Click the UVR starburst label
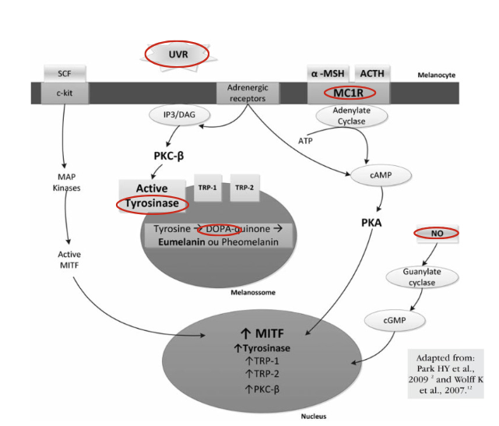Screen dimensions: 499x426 (x=177, y=55)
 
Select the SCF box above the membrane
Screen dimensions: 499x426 (x=65, y=73)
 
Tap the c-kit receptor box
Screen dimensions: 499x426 (x=65, y=93)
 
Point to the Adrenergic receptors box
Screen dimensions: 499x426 (x=248, y=93)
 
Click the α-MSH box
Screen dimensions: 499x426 (x=328, y=73)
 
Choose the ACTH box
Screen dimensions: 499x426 (x=372, y=73)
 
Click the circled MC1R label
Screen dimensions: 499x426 (x=350, y=93)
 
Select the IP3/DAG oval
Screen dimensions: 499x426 (x=180, y=115)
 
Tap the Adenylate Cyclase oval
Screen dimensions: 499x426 (x=352, y=116)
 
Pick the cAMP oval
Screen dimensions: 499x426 (x=381, y=175)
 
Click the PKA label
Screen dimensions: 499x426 (x=371, y=223)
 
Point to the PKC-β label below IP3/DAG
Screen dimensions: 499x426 (x=169, y=156)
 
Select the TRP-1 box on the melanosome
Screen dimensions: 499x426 (x=208, y=188)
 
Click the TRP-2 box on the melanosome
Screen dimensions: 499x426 (x=244, y=188)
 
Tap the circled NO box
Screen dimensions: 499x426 (x=437, y=234)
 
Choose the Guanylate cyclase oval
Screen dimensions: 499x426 (x=422, y=277)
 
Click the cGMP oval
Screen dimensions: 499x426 (x=395, y=320)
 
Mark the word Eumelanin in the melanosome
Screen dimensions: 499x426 (x=181, y=242)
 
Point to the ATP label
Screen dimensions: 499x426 (x=305, y=141)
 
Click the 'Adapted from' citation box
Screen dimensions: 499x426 (x=445, y=374)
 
